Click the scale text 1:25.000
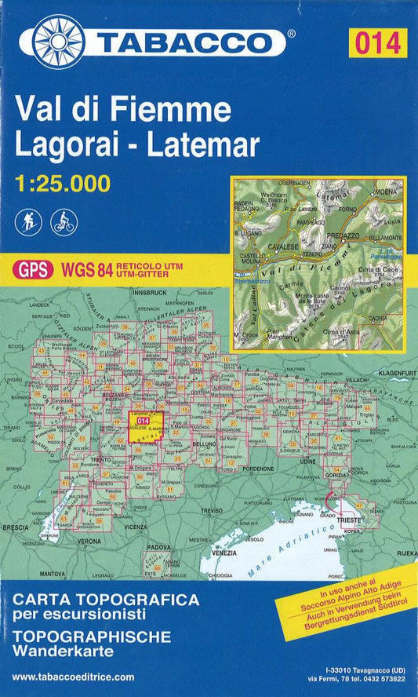[x=62, y=184]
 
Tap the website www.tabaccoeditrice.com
[x=74, y=677]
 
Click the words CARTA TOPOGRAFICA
[x=105, y=599]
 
